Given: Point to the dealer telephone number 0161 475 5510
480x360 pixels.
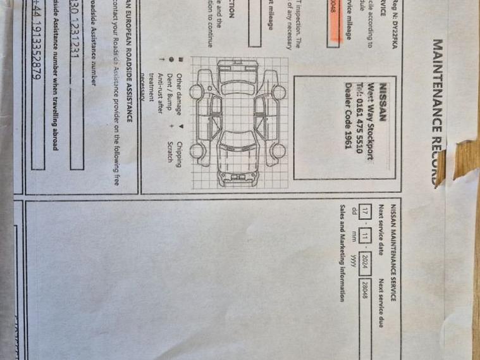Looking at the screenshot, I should pos(360,117).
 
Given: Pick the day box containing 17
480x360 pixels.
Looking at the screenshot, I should pos(364,212).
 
